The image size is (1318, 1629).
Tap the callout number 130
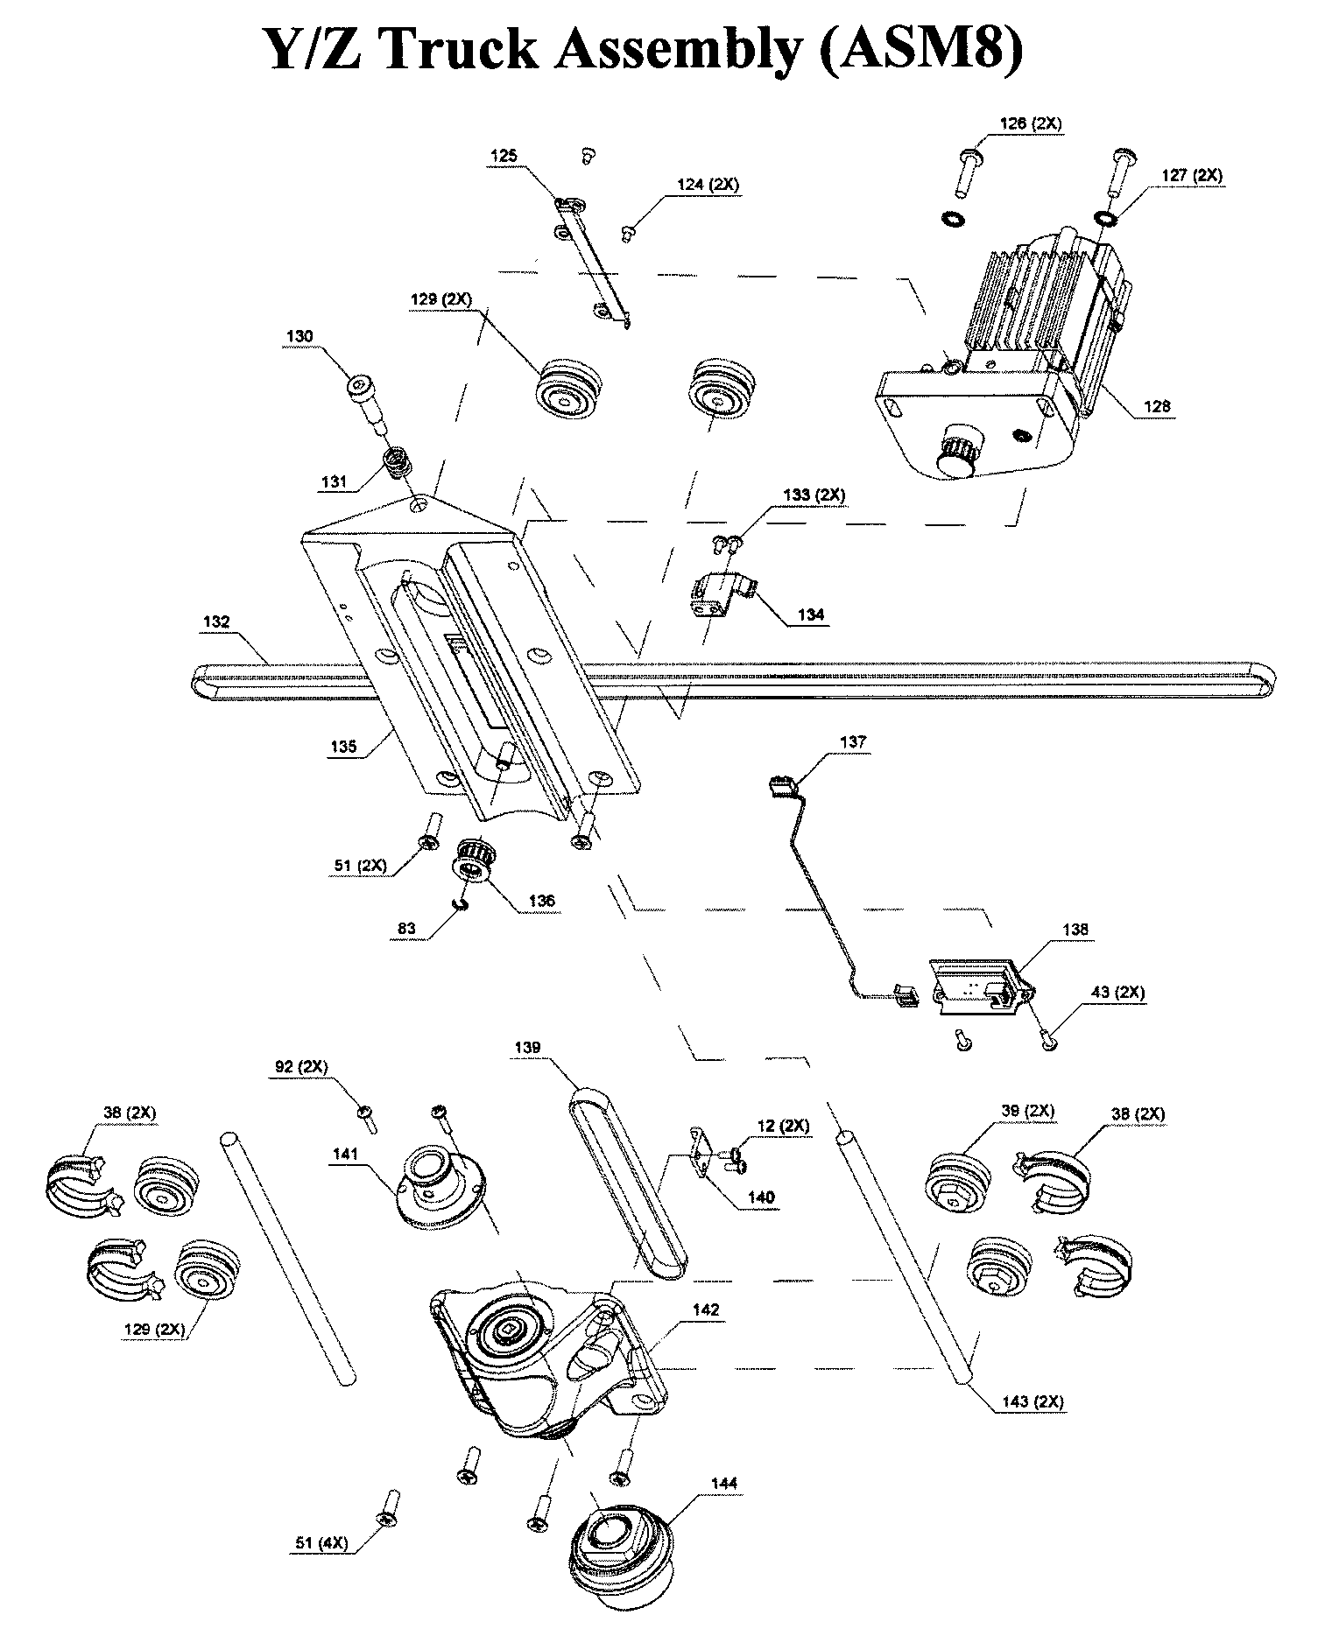[299, 336]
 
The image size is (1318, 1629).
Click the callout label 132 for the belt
[215, 621]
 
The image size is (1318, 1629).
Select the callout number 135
[343, 747]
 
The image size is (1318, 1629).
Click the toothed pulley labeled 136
[474, 859]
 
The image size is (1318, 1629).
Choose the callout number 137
[852, 741]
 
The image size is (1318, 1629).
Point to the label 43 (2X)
[1117, 992]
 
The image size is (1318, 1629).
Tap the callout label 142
[705, 1310]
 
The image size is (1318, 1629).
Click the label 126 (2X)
[1030, 123]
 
